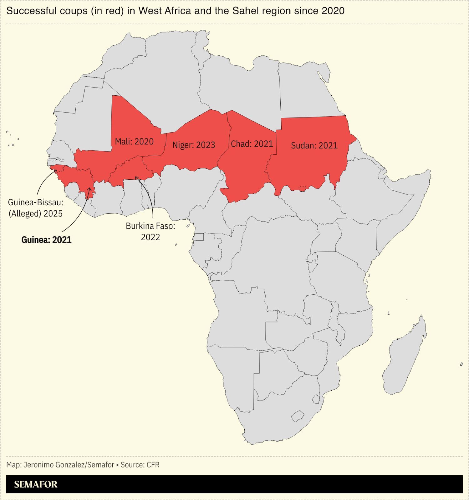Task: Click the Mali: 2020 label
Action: tap(134, 142)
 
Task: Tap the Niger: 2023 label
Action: tap(194, 145)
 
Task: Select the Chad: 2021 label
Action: tap(252, 144)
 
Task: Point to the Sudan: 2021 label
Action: tap(314, 146)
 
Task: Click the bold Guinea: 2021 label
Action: tap(46, 240)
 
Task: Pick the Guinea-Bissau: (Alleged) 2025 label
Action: tap(35, 208)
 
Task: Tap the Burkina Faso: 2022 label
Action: tap(150, 231)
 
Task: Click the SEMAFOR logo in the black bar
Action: tap(36, 484)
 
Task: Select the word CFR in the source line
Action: tap(153, 465)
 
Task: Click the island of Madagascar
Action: tap(405, 356)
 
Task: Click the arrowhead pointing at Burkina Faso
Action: tap(136, 177)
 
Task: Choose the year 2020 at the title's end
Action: tap(333, 11)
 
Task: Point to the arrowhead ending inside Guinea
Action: tap(90, 188)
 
